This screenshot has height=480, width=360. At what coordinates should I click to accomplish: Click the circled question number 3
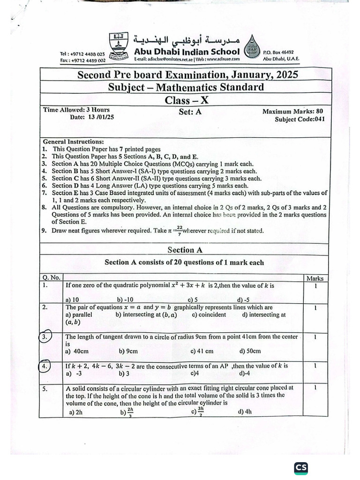click(44, 337)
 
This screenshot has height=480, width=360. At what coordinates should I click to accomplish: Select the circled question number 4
click(44, 366)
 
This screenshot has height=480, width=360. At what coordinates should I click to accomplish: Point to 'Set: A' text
click(190, 112)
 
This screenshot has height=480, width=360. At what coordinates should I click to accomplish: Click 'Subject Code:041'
click(300, 120)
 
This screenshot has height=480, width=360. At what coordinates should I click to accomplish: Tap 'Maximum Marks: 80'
click(292, 112)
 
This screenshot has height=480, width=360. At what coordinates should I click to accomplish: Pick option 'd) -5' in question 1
click(243, 300)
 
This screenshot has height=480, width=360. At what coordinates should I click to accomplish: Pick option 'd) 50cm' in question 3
click(250, 351)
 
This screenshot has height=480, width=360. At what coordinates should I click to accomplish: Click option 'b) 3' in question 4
click(124, 374)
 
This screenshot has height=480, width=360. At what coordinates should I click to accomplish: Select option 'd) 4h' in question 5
click(245, 412)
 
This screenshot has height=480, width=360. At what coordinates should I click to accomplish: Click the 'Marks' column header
click(315, 278)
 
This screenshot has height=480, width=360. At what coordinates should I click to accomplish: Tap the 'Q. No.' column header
click(51, 277)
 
